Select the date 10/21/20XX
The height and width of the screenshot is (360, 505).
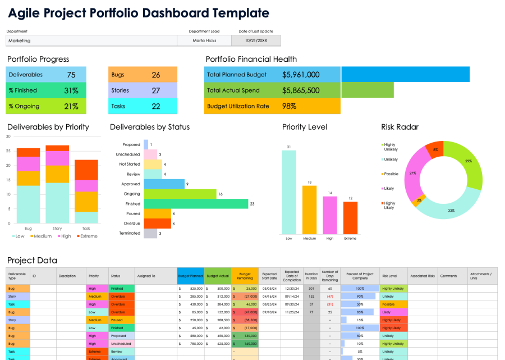point(256,40)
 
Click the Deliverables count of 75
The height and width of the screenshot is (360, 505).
point(71,75)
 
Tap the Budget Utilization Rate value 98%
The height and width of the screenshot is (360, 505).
point(290,106)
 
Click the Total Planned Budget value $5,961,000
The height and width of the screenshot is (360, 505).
point(301,75)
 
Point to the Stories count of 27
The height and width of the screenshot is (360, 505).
point(156,90)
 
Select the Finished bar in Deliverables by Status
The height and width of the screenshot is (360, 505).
point(196,204)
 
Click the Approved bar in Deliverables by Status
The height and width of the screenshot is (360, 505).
point(164,184)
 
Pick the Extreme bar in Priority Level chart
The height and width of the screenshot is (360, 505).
point(350,217)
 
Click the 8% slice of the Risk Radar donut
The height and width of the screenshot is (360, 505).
point(434,149)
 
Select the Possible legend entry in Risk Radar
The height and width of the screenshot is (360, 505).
point(391,174)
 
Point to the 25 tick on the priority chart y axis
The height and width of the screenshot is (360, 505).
point(8,151)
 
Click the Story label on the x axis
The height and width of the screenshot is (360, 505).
point(57,229)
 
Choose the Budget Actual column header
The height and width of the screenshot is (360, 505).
point(217,276)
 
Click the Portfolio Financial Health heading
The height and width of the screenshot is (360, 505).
point(251,59)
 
